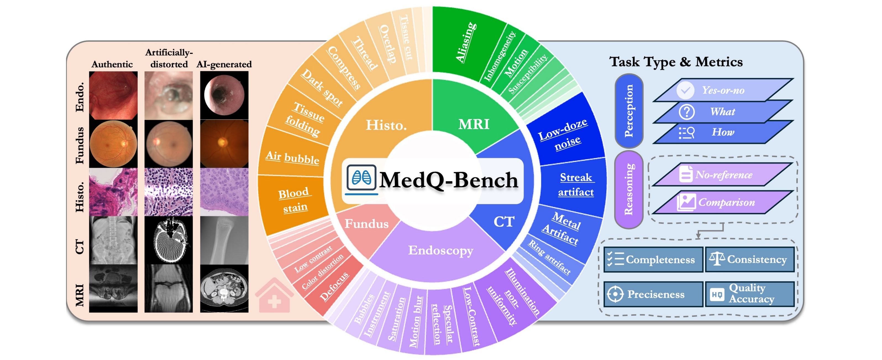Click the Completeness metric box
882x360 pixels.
click(653, 260)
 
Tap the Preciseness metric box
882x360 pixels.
click(653, 294)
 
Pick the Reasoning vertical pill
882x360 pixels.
click(629, 189)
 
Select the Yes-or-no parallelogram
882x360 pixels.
click(723, 90)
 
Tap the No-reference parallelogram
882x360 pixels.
click(723, 175)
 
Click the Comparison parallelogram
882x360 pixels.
click(723, 202)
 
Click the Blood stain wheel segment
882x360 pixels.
click(293, 200)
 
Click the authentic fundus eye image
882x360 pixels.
click(113, 144)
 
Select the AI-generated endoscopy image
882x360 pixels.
click(224, 95)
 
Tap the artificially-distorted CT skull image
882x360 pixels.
click(169, 240)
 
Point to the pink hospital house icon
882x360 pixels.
click(274, 296)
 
